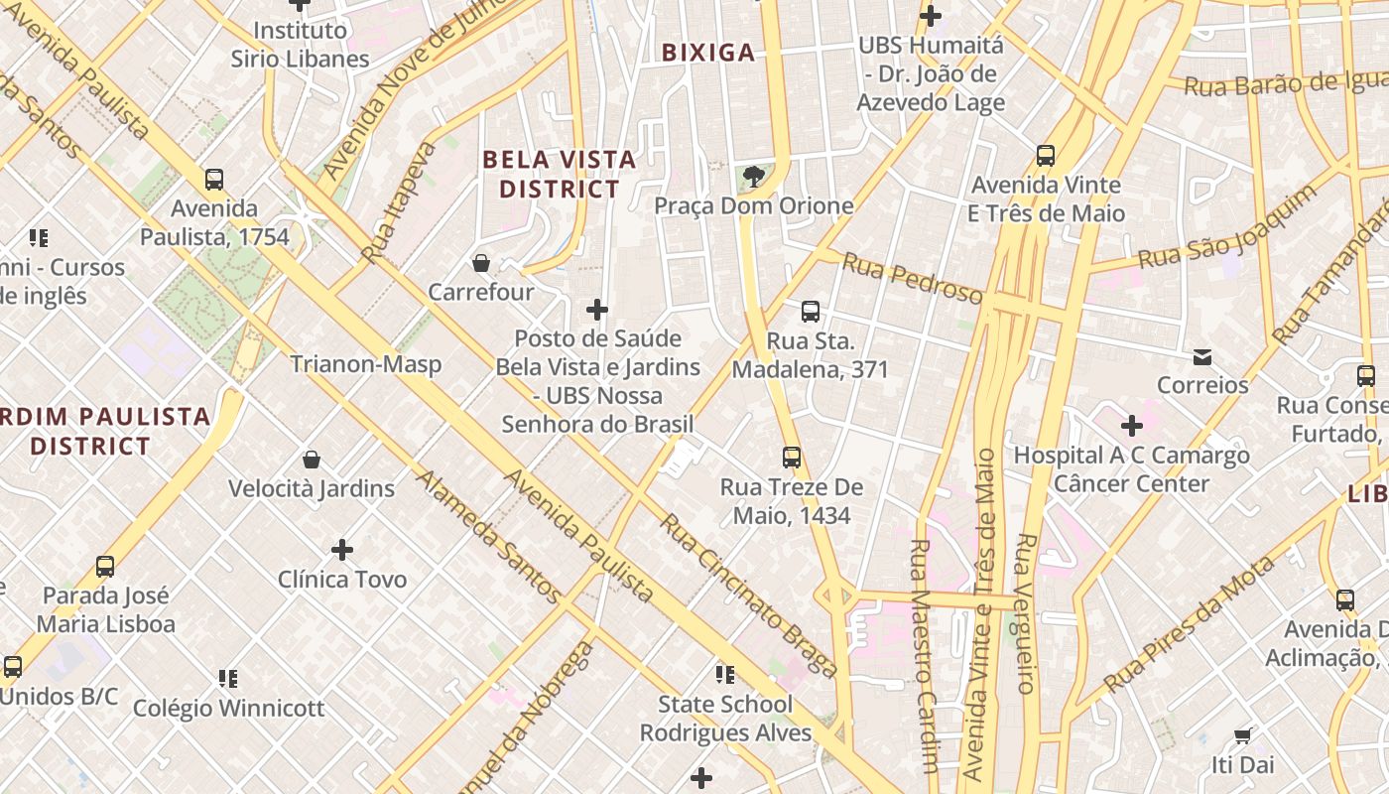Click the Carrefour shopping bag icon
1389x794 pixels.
[481, 263]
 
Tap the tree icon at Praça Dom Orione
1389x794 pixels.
[754, 177]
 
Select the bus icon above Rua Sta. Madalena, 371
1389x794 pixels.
[811, 312]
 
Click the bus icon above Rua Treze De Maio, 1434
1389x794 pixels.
[792, 458]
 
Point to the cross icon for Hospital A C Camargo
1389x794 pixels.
[1131, 427]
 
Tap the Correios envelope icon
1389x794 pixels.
[1202, 356]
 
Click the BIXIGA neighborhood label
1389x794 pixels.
[708, 53]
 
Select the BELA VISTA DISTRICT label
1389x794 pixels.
[559, 174]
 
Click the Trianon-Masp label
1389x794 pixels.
[366, 364]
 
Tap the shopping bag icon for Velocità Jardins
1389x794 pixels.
[312, 460]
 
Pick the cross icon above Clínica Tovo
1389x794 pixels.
[342, 550]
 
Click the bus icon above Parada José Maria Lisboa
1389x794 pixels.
[105, 567]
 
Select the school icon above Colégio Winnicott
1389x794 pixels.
[228, 679]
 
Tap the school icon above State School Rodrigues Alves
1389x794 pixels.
[725, 675]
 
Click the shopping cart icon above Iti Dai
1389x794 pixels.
[1242, 735]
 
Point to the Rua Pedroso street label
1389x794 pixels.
[912, 278]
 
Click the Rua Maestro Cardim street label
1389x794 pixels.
[923, 655]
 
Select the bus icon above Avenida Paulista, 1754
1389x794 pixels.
[214, 180]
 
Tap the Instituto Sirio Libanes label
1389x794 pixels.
[300, 45]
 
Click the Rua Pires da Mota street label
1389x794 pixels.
[1190, 623]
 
